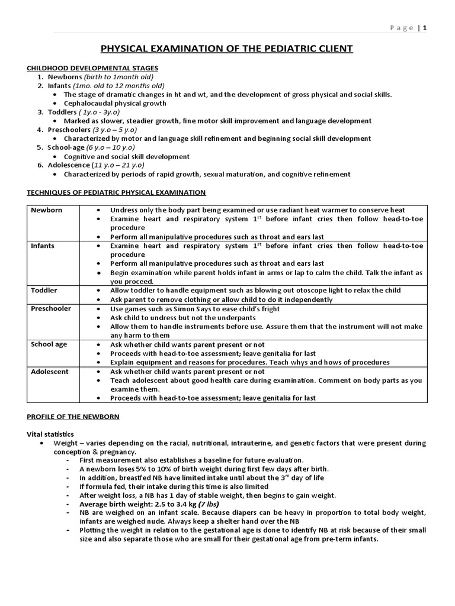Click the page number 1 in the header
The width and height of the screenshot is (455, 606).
pos(424,28)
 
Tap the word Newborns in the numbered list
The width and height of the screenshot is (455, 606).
pos(64,77)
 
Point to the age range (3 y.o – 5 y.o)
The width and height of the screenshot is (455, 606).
pos(115,130)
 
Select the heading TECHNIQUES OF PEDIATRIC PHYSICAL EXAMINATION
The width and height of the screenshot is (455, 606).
pos(117,192)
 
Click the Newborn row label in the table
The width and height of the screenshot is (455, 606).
pos(46,210)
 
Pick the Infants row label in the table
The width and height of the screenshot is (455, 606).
pos(43,246)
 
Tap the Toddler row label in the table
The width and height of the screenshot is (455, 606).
pos(44,291)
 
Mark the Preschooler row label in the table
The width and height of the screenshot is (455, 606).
pos(50,308)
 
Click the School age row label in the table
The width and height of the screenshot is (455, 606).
pos(49,344)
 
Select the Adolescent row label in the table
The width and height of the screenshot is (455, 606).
pos(50,371)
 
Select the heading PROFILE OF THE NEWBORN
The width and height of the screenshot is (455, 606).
pos(73,417)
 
